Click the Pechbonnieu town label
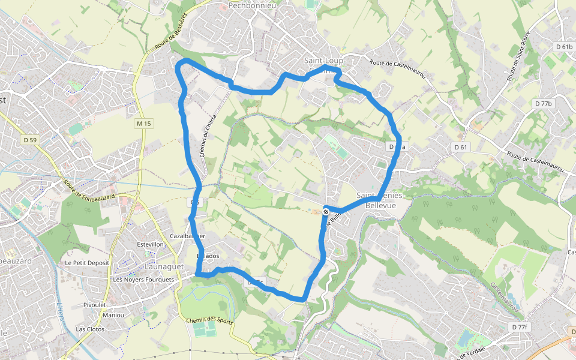click(x=251, y=5)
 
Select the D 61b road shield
click(x=564, y=46)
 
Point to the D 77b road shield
click(x=542, y=104)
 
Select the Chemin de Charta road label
click(x=208, y=136)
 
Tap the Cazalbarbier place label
click(x=188, y=236)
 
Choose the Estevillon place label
click(x=150, y=245)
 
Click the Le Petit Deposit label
click(x=87, y=263)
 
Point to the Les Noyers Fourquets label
click(x=143, y=280)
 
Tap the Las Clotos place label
click(x=90, y=329)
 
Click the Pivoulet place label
click(x=95, y=305)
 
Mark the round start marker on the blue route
click(x=326, y=211)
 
